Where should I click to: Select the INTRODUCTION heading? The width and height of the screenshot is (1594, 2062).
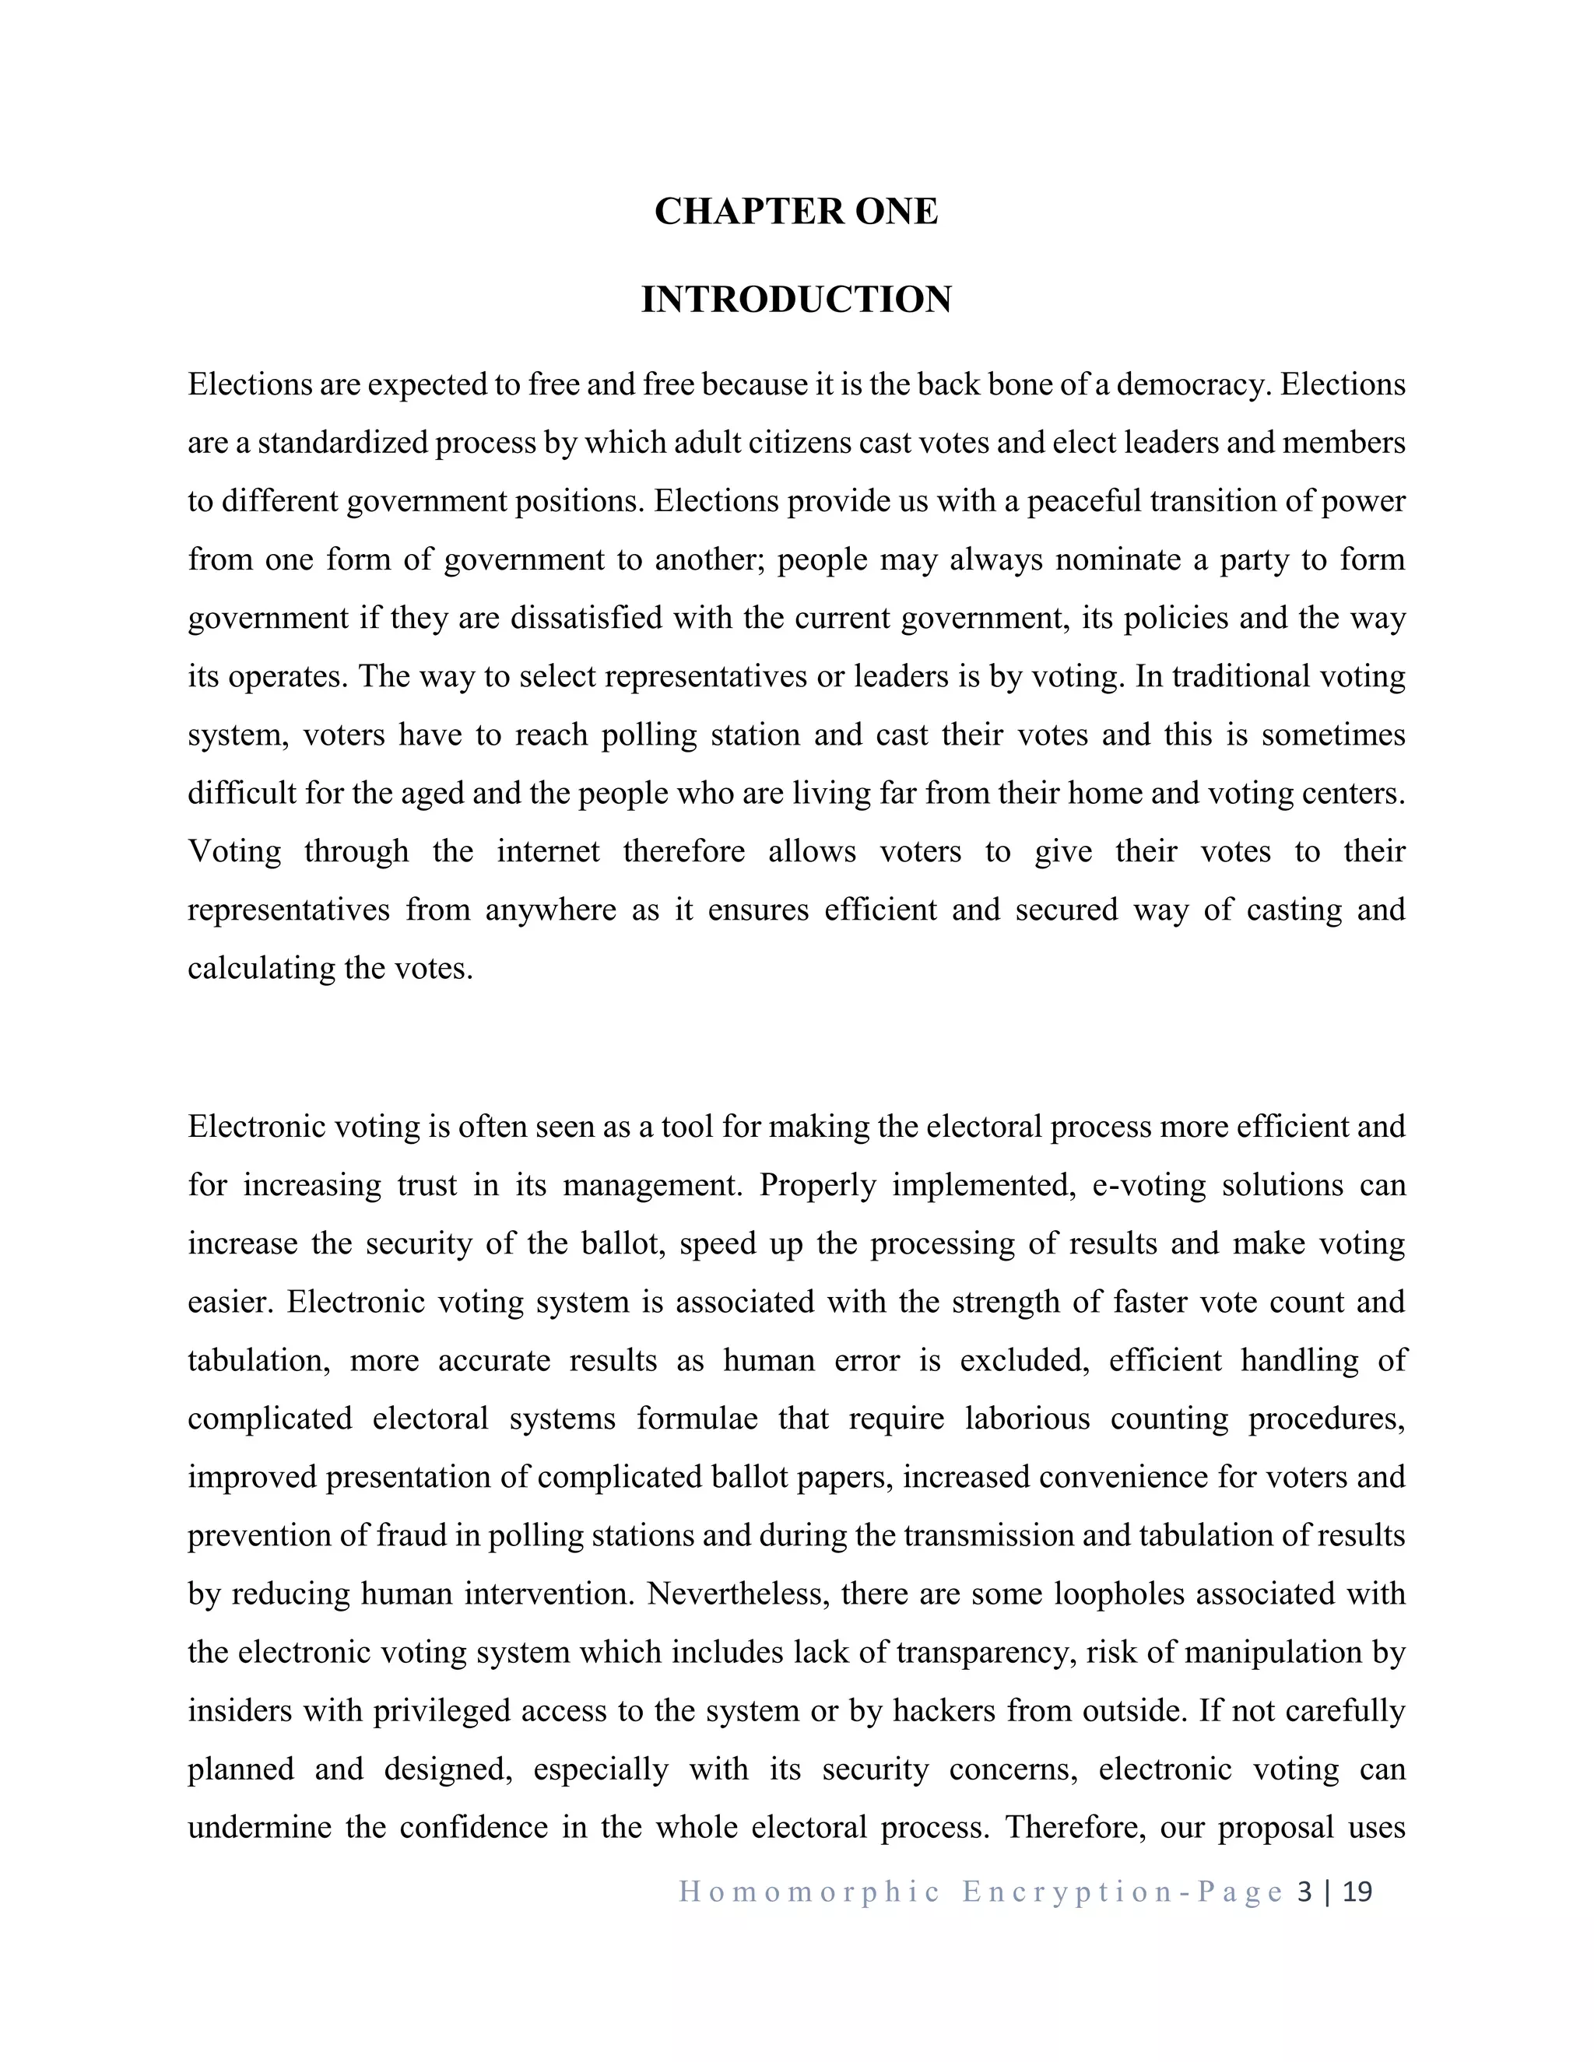coord(796,300)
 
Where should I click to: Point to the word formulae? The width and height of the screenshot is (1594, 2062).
coord(697,1419)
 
